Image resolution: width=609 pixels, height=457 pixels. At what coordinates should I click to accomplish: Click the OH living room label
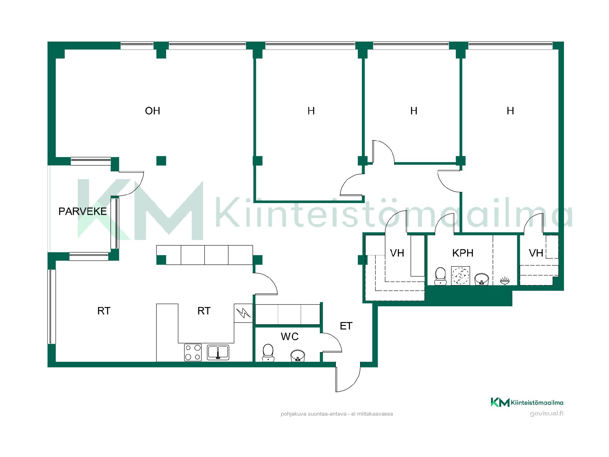tap(153, 111)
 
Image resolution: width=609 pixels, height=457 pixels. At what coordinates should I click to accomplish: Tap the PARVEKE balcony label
tap(82, 211)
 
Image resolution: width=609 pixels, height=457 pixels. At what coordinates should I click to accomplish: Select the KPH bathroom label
tap(463, 253)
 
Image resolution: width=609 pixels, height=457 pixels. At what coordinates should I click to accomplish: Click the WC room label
tap(290, 336)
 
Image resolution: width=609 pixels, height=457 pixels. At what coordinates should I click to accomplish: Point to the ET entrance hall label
tap(346, 326)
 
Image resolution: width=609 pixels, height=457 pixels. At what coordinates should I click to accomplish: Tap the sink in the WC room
tap(298, 356)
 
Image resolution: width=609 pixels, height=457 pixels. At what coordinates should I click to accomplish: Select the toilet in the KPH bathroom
tap(440, 276)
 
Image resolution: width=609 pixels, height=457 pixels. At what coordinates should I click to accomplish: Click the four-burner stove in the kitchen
tap(193, 352)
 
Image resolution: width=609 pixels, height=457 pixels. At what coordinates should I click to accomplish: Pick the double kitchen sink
tap(218, 353)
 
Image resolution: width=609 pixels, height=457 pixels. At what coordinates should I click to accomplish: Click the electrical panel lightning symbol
tap(243, 313)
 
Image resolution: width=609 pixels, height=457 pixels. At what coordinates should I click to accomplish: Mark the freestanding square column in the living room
tap(161, 161)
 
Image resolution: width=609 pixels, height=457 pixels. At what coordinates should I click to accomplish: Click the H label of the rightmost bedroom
tap(510, 111)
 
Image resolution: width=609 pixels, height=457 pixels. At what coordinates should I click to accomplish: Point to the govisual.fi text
tap(547, 414)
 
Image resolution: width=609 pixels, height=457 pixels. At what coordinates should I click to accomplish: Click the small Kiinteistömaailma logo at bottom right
tap(527, 402)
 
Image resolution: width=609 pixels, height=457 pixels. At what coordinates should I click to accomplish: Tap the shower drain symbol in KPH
tap(460, 276)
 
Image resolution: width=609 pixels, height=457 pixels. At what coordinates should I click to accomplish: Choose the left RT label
tap(104, 311)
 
